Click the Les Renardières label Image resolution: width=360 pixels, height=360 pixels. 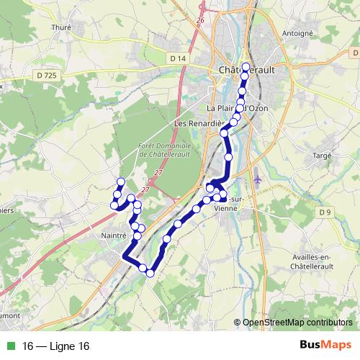197,124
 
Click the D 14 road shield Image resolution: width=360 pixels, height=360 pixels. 179,58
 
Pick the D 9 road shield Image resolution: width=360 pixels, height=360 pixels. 325,212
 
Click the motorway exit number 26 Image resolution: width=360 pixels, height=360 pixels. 201,20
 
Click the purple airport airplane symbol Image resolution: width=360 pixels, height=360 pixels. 258,176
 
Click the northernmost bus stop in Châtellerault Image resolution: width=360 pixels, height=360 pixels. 246,67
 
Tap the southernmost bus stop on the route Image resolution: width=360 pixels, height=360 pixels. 150,273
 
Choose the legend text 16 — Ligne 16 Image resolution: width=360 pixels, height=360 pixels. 56,346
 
